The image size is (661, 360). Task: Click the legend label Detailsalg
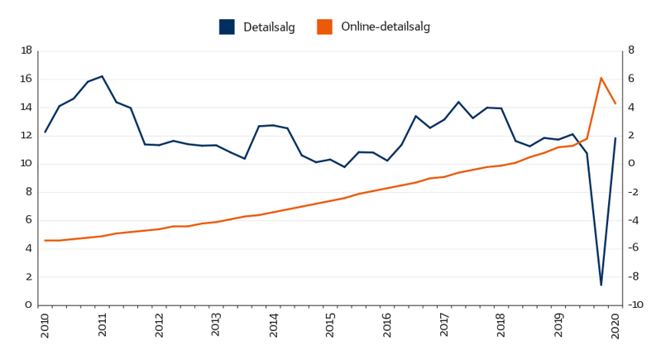(x=269, y=27)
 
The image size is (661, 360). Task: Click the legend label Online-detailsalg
(x=385, y=27)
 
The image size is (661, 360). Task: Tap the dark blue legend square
(x=227, y=27)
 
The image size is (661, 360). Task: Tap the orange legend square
(x=324, y=27)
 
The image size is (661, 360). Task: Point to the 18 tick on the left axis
(x=26, y=50)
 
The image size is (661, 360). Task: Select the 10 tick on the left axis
(x=26, y=164)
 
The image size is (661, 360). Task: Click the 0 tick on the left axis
(x=28, y=305)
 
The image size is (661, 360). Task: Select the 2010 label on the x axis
(x=46, y=325)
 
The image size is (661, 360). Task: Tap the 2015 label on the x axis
(x=330, y=325)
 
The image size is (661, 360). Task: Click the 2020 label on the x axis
(x=615, y=325)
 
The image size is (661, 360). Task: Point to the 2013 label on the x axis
(x=216, y=325)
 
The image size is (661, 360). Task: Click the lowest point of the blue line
(x=601, y=285)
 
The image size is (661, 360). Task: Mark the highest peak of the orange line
(x=601, y=78)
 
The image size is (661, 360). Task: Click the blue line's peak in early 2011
(x=102, y=76)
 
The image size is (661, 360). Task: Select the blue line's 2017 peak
(x=458, y=102)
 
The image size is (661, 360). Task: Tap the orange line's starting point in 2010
(x=46, y=240)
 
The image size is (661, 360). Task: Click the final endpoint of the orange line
(x=615, y=103)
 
